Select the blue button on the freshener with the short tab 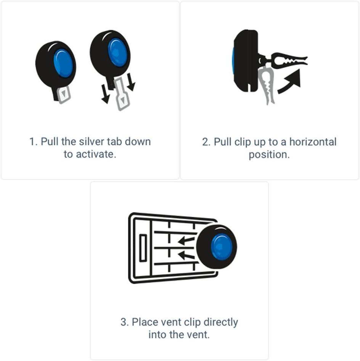63,63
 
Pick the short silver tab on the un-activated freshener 63,94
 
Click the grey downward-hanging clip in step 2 267,85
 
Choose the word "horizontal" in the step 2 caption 313,142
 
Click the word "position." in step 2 269,155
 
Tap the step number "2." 206,142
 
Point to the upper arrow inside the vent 186,240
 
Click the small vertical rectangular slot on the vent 143,248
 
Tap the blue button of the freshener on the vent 222,247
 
